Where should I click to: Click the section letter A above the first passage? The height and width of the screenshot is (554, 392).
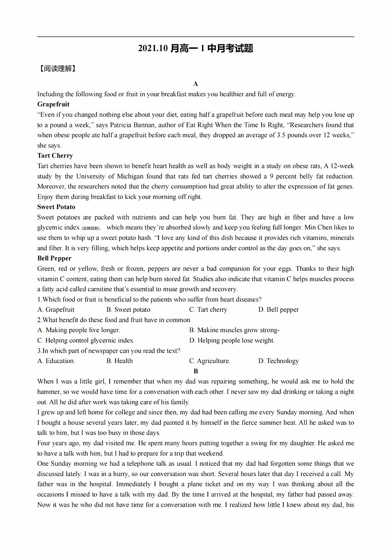196,84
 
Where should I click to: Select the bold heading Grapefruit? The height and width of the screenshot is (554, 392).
53,105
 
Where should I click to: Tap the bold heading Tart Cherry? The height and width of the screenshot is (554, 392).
55,156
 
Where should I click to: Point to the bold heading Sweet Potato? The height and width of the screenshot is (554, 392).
56,207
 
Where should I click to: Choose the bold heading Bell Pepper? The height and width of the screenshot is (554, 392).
54,259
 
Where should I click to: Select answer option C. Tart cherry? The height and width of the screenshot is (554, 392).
208,310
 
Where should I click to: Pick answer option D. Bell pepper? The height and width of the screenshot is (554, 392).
278,310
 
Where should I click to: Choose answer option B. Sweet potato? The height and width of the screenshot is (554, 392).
128,310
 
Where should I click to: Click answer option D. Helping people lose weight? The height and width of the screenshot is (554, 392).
232,341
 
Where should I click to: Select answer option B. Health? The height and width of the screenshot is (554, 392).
119,361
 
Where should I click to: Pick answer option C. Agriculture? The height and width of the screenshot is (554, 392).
210,361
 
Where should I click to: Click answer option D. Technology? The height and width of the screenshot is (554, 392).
278,361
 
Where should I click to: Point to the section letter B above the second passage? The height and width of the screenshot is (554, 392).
196,371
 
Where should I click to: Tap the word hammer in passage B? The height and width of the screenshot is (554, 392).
47,392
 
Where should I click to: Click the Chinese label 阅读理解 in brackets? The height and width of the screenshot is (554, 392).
57,69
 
